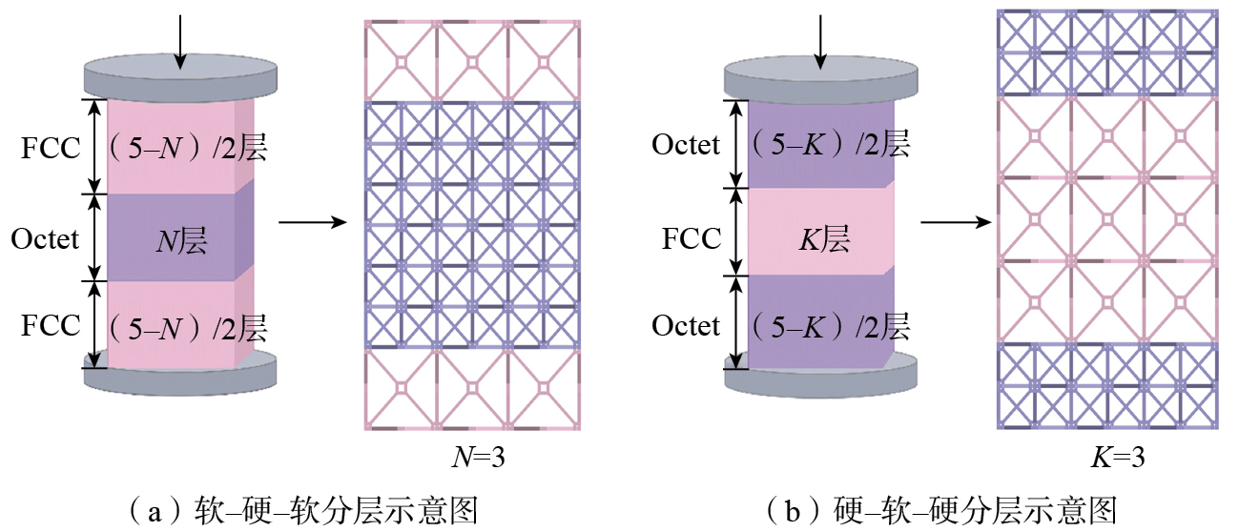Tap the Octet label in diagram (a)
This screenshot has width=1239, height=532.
tap(46, 237)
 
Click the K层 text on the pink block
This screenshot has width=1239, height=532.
tap(822, 237)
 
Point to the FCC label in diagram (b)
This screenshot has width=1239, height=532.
tap(692, 237)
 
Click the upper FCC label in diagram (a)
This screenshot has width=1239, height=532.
tap(52, 149)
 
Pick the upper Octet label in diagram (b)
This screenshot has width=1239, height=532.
tap(686, 145)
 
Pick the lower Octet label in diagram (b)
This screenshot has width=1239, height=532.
tap(686, 325)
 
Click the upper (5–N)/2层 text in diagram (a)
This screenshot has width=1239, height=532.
tap(186, 149)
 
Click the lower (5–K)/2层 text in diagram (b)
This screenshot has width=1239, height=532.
tap(828, 325)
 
